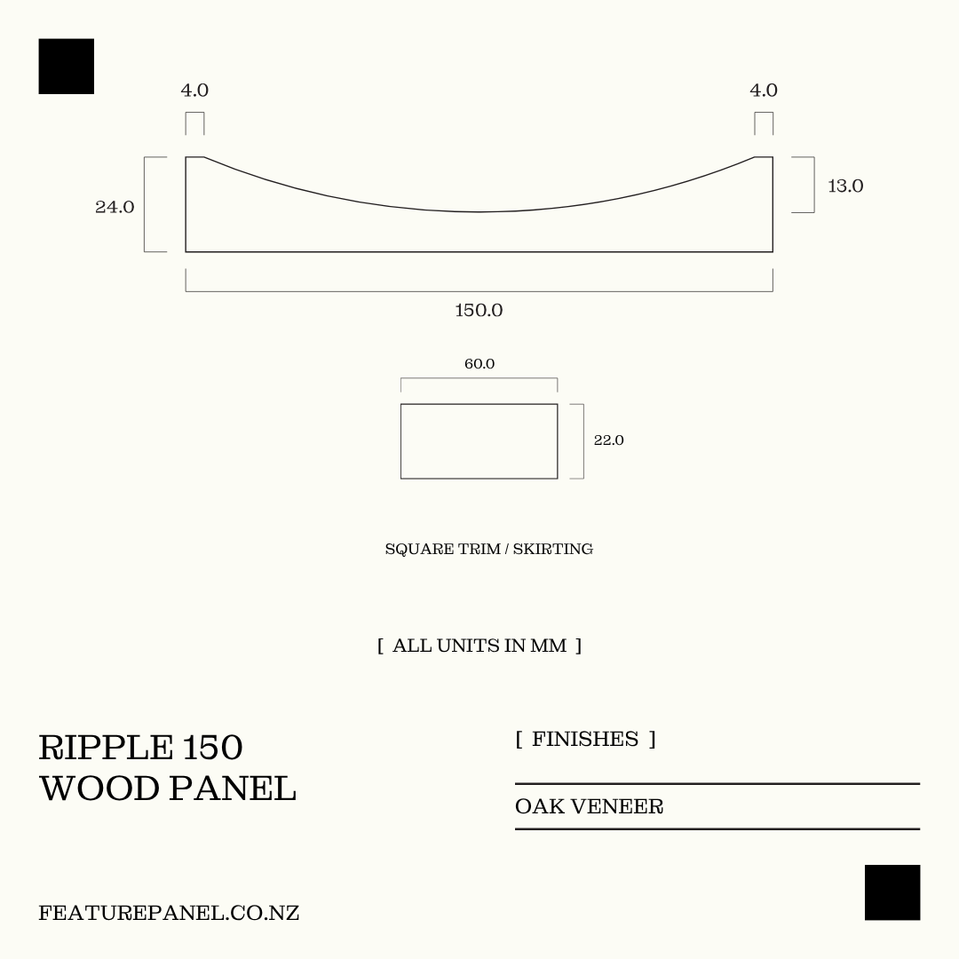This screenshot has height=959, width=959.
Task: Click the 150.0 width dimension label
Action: pyautogui.click(x=479, y=310)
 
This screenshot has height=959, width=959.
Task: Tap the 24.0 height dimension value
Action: pyautogui.click(x=115, y=207)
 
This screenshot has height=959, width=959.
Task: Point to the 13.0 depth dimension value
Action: pyautogui.click(x=845, y=186)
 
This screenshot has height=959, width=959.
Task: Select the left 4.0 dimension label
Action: pyautogui.click(x=194, y=90)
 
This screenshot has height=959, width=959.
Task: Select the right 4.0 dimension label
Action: pyautogui.click(x=764, y=90)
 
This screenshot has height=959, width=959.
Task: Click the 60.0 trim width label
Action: pyautogui.click(x=479, y=364)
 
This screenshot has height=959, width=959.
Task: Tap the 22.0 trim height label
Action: pyautogui.click(x=608, y=440)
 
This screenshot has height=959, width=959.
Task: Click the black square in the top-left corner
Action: pyautogui.click(x=66, y=66)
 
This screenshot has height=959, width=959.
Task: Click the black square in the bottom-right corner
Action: pyautogui.click(x=892, y=892)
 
